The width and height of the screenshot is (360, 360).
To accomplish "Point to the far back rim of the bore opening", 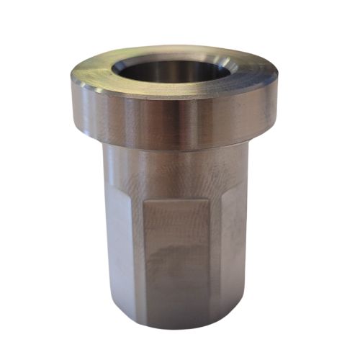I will click(x=173, y=56).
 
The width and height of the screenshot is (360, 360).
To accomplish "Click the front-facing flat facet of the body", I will click(x=180, y=252).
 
